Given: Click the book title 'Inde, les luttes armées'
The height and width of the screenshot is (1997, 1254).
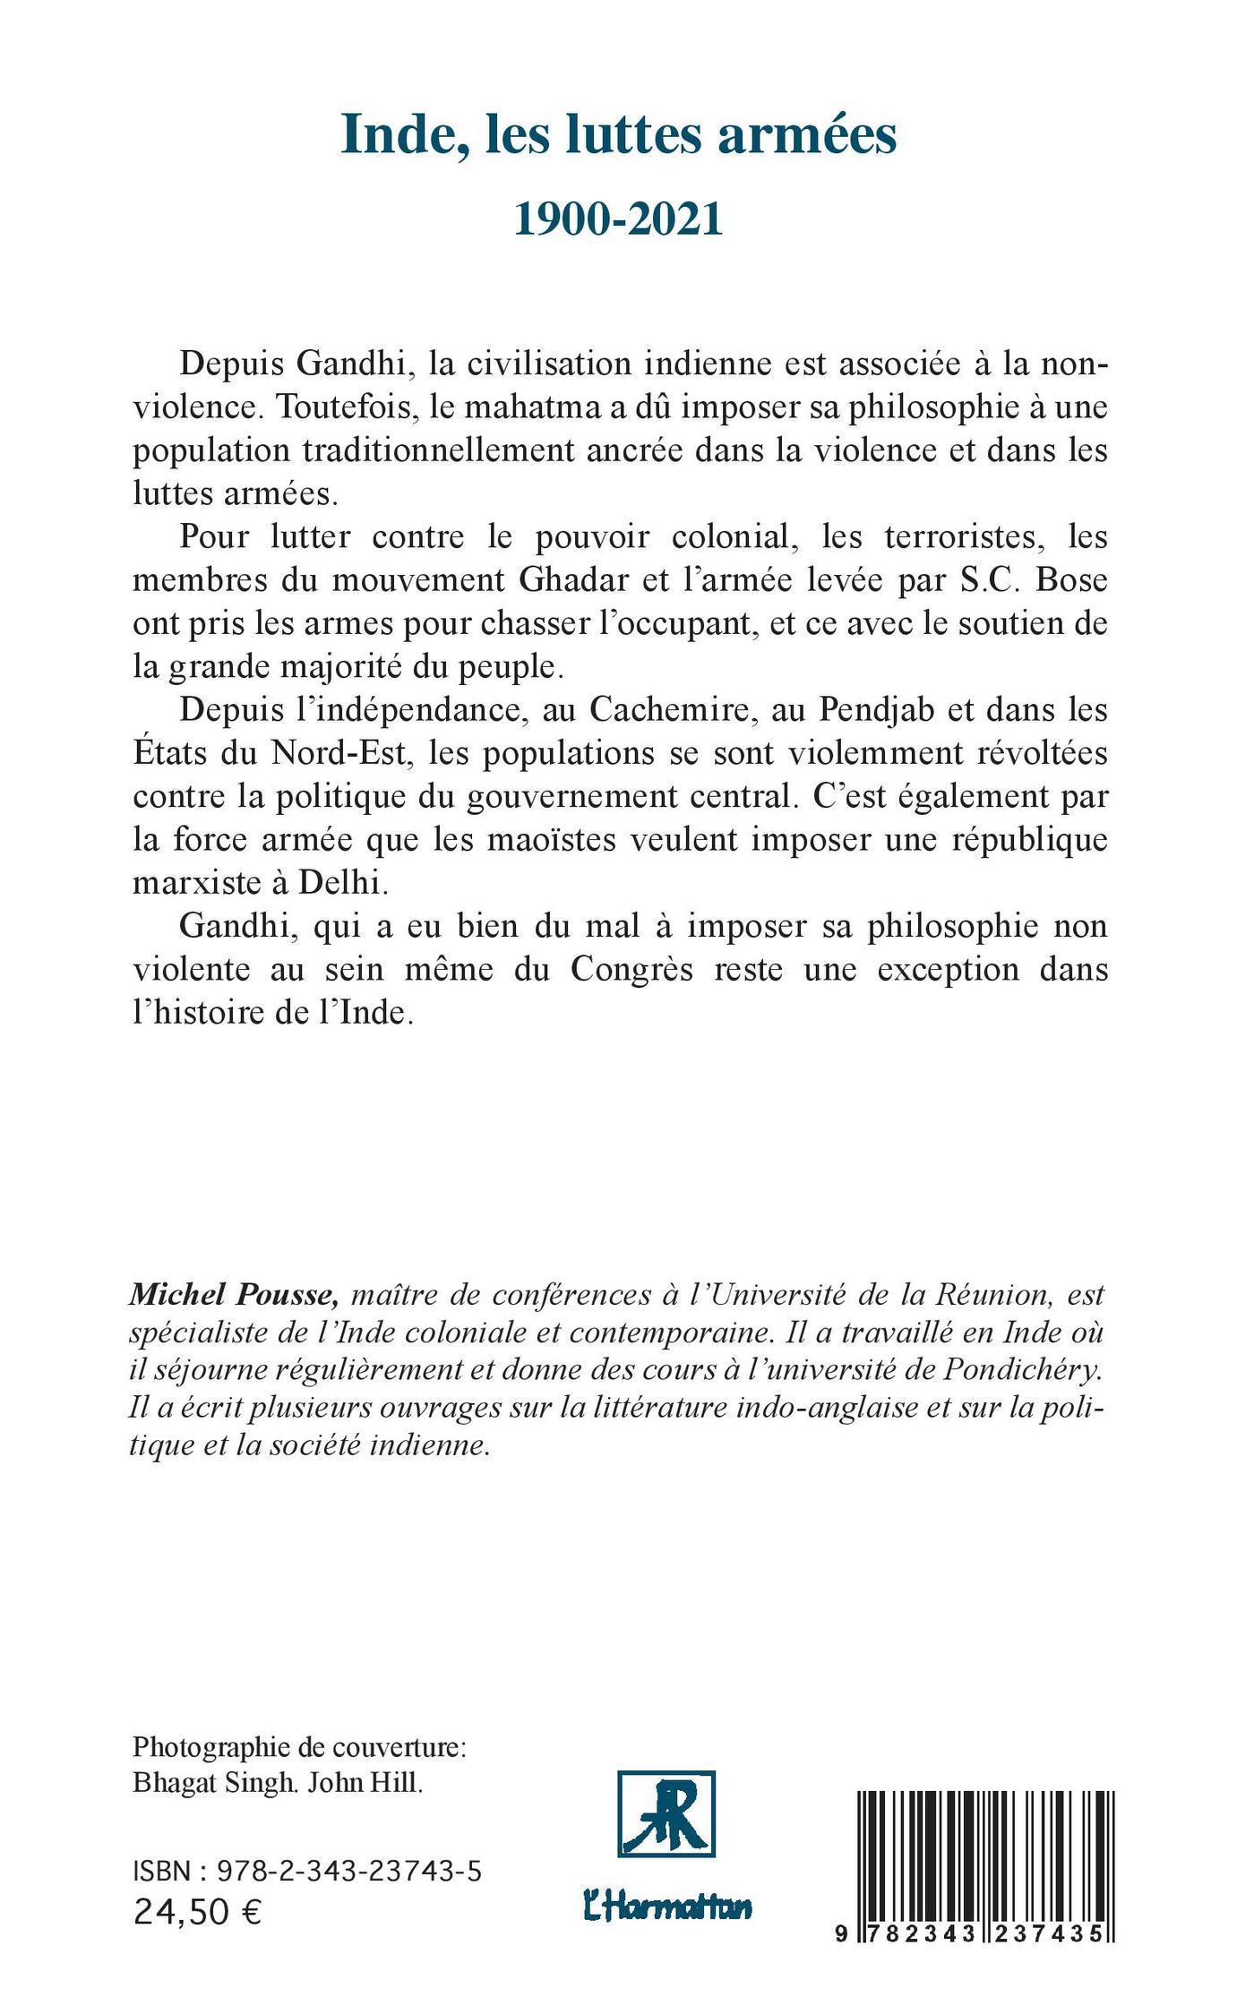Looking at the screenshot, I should (x=619, y=137).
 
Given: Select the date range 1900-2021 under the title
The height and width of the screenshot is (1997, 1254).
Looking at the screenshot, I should (x=619, y=219).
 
